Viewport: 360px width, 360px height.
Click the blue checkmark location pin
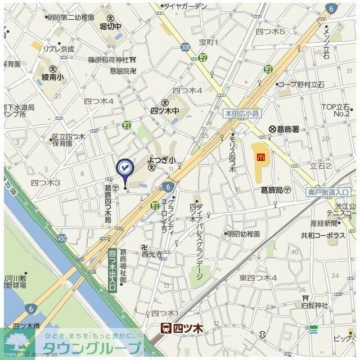[124, 168]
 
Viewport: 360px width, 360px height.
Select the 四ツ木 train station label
[182, 327]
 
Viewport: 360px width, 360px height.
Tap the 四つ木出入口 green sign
[112, 271]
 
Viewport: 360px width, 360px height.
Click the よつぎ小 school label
[162, 160]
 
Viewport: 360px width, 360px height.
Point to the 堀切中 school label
[110, 26]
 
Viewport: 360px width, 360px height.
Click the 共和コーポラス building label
[323, 236]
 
